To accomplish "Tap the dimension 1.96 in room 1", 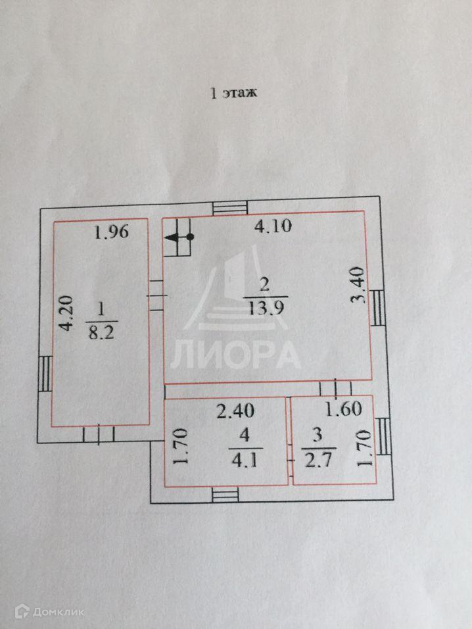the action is pyautogui.click(x=110, y=232).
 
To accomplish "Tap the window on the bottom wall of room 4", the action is pyautogui.click(x=226, y=493).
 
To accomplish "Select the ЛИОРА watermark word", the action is pyautogui.click(x=236, y=355).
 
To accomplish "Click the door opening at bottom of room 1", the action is pyautogui.click(x=99, y=434).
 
